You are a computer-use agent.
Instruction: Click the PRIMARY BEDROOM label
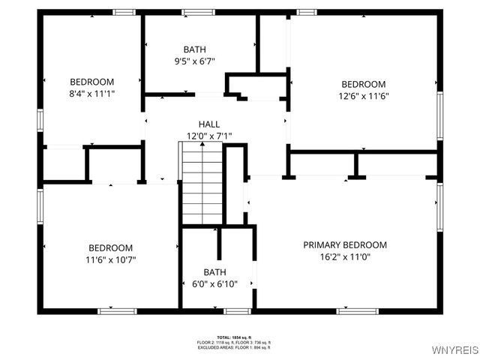345,245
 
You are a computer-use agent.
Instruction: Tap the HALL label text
209,124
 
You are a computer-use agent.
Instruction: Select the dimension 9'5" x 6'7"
194,61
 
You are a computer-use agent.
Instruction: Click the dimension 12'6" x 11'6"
364,96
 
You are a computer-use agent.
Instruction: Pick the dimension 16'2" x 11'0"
345,257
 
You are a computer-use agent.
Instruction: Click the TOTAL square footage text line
234,337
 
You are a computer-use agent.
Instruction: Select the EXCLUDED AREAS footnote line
234,347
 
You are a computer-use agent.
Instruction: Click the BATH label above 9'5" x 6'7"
194,49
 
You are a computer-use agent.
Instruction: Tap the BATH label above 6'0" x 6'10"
214,272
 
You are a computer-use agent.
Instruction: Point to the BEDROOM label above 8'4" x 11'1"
92,82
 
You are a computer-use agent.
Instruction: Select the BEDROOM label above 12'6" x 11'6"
364,84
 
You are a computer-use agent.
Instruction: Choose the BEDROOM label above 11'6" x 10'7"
111,247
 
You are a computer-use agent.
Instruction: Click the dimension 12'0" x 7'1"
209,136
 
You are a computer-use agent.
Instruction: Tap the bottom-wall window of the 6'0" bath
237,310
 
